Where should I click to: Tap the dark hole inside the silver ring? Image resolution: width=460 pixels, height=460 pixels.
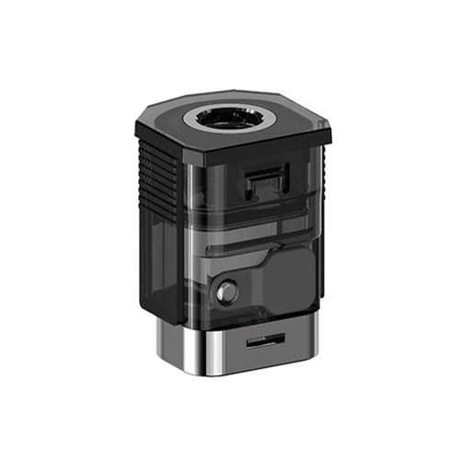click(x=231, y=119)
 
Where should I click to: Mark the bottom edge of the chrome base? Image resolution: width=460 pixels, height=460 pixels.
click(x=239, y=372)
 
